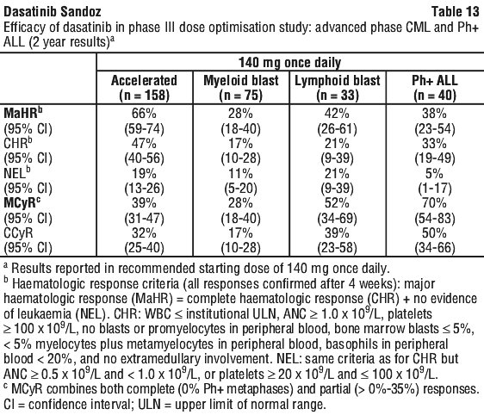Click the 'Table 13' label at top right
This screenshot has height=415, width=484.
point(455,12)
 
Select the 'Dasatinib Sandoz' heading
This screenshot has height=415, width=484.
point(53,12)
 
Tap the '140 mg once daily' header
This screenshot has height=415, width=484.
point(290,63)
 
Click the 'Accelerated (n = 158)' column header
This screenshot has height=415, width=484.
point(144,88)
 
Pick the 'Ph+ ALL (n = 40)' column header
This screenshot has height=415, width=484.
point(435,88)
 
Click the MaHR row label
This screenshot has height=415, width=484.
point(23,113)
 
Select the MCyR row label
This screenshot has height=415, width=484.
point(22,203)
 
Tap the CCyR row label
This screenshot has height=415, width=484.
point(18,233)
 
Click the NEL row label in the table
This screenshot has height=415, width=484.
point(17,173)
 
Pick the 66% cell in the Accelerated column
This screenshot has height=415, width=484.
point(144,114)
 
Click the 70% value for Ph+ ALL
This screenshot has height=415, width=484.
point(434,203)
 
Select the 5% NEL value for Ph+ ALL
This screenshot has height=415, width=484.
point(434,173)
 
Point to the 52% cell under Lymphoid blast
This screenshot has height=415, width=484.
point(337,203)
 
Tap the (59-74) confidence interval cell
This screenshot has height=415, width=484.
point(144,128)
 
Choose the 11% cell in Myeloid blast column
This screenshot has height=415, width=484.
point(241,173)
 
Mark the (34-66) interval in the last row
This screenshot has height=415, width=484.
point(435,248)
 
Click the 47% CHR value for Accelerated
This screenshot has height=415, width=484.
point(144,144)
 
